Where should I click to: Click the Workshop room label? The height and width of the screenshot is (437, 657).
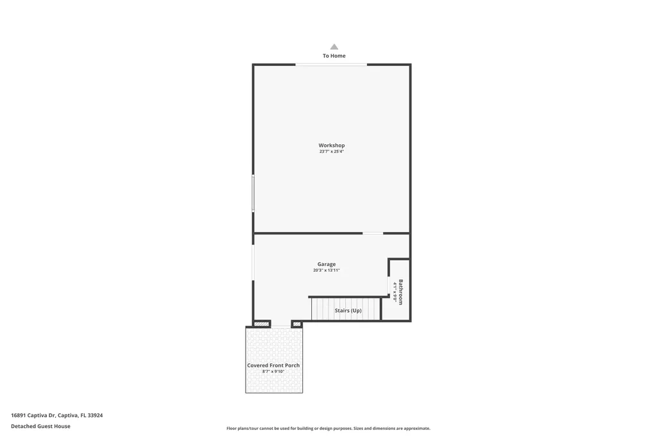click(x=332, y=145)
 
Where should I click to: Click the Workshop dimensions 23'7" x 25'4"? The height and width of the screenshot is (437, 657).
click(x=332, y=152)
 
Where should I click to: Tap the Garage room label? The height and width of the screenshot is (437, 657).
click(x=327, y=264)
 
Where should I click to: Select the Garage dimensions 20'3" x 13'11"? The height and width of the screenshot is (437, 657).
click(x=327, y=270)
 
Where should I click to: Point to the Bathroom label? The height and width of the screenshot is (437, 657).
click(x=401, y=292)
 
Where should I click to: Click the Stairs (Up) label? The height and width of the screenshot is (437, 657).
click(x=348, y=311)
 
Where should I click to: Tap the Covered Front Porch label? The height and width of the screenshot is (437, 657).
click(x=273, y=365)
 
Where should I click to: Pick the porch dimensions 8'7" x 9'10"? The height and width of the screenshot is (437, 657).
click(x=273, y=372)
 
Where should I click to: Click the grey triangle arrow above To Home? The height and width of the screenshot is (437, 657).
click(x=334, y=47)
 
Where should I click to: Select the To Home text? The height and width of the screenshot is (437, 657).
click(x=334, y=56)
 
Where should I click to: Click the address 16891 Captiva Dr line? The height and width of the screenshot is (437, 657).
click(x=56, y=415)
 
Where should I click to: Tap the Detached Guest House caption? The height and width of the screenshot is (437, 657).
click(x=40, y=426)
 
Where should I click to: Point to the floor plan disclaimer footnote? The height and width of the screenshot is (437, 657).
click(x=328, y=428)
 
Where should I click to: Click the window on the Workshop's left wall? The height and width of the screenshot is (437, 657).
click(x=253, y=194)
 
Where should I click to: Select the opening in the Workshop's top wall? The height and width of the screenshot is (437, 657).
click(x=331, y=64)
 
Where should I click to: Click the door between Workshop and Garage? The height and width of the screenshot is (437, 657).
click(x=373, y=233)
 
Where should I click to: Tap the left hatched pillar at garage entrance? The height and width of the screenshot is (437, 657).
click(x=261, y=324)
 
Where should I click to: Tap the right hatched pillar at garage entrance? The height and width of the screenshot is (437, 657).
click(x=296, y=324)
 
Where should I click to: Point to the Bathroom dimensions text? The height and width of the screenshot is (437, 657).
click(x=395, y=292)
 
